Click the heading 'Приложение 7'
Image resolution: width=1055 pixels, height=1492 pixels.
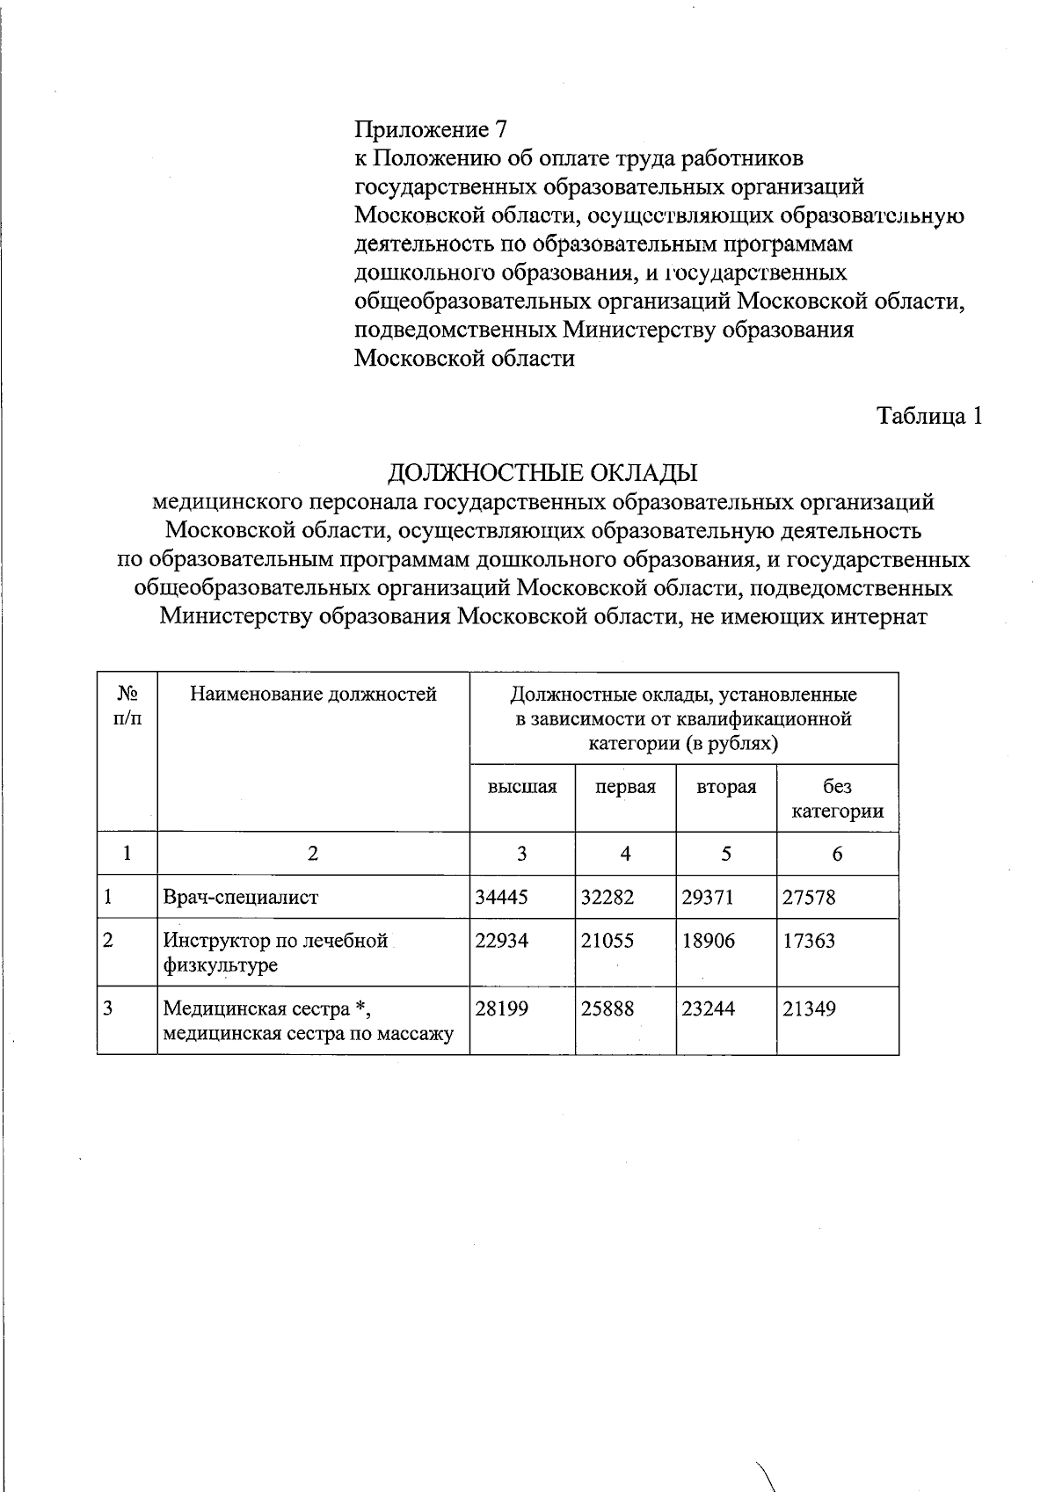click(431, 130)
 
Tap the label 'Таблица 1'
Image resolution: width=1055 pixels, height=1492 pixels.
click(929, 416)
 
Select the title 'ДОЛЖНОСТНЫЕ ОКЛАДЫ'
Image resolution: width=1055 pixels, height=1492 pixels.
click(542, 473)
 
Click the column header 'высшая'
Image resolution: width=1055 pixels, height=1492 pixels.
click(522, 787)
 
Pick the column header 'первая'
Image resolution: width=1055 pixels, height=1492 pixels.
click(625, 787)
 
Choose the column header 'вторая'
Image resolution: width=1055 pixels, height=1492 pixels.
click(726, 787)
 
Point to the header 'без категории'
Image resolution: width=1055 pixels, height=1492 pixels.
click(837, 798)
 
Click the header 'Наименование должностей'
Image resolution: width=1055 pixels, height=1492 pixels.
click(313, 695)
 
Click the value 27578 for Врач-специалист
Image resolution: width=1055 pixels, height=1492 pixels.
click(809, 898)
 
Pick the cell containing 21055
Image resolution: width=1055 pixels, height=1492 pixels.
click(608, 941)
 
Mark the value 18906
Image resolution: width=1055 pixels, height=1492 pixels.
click(709, 941)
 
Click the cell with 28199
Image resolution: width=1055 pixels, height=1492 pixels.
click(502, 1008)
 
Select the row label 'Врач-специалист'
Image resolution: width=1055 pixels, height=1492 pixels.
click(241, 898)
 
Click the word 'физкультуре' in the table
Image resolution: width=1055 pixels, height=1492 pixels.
click(221, 965)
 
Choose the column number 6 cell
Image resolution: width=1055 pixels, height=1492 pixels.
click(837, 854)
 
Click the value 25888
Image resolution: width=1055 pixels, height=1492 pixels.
click(608, 1008)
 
